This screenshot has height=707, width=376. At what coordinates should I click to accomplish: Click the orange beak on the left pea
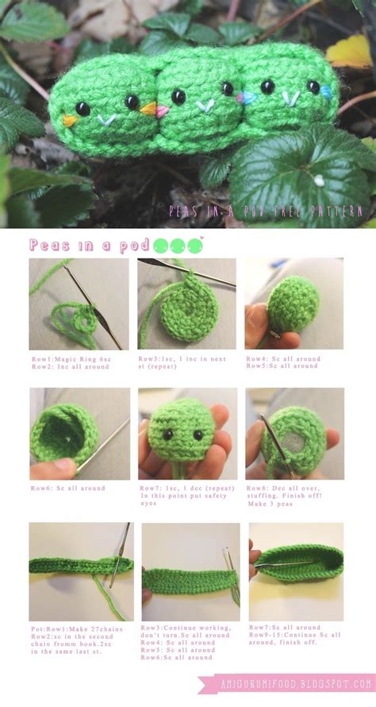[70, 121]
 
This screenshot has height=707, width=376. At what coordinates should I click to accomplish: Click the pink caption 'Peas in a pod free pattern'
[266, 212]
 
